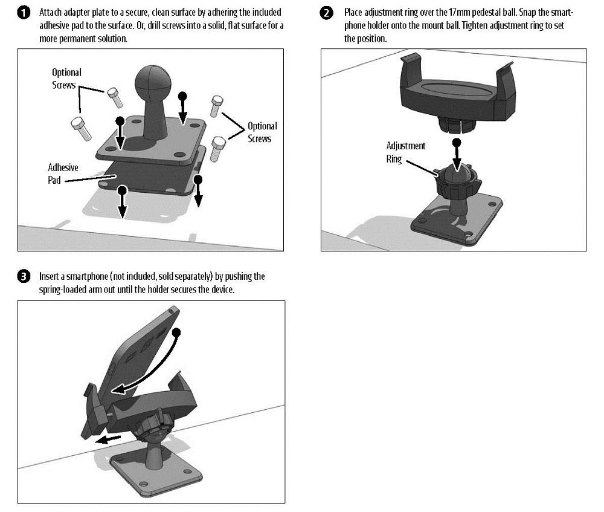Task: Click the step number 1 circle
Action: click(24, 13)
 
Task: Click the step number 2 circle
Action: click(326, 13)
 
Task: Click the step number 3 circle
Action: click(24, 276)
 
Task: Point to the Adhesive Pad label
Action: click(63, 173)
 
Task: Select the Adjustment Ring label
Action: click(406, 152)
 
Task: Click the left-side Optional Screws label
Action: click(66, 79)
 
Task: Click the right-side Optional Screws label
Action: click(262, 132)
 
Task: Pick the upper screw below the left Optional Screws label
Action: click(115, 97)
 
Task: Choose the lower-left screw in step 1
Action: click(82, 129)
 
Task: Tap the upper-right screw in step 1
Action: click(216, 106)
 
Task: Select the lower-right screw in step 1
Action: click(218, 149)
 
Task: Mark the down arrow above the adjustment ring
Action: click(457, 155)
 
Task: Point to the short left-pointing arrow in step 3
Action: click(109, 439)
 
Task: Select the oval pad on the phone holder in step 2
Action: click(457, 88)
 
